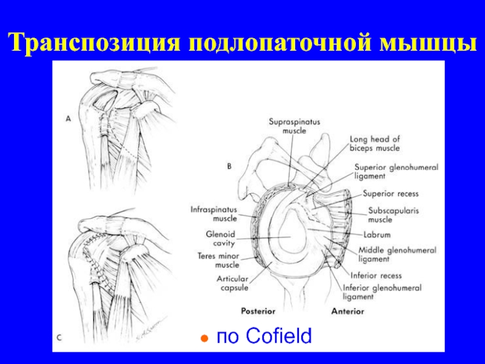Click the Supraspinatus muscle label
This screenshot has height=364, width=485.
pyautogui.click(x=295, y=126)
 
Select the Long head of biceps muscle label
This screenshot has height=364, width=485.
pyautogui.click(x=375, y=143)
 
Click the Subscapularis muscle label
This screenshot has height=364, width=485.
pyautogui.click(x=389, y=215)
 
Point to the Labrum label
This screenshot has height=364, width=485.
pyautogui.click(x=376, y=234)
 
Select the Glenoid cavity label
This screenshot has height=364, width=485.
pyautogui.click(x=221, y=237)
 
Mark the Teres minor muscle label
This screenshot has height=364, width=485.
pyautogui.click(x=219, y=260)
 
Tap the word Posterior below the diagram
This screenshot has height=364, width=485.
pyautogui.click(x=258, y=311)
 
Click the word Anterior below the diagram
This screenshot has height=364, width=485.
pyautogui.click(x=348, y=311)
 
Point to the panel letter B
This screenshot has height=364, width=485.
pyautogui.click(x=230, y=164)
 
